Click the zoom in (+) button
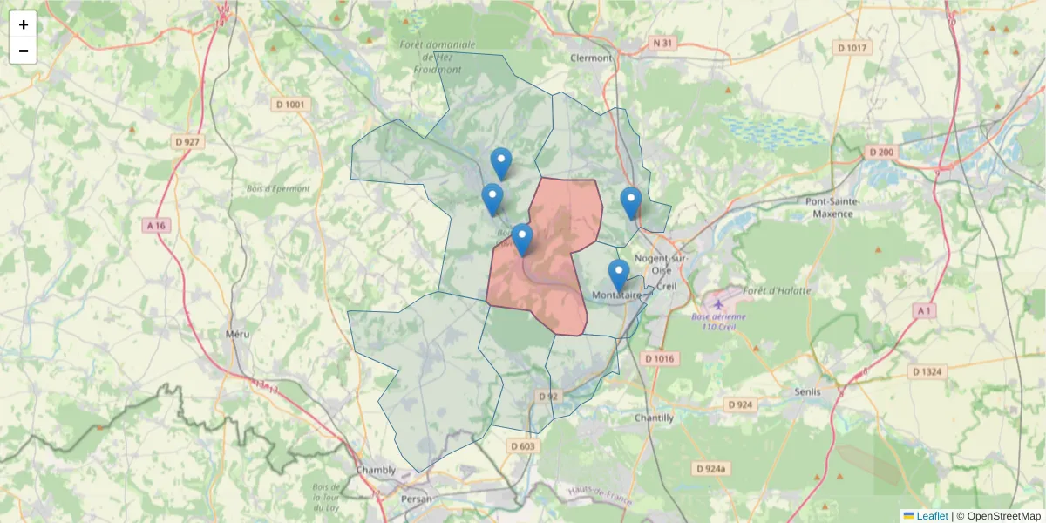click(24, 24)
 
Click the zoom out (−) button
click(24, 51)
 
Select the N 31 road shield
click(662, 43)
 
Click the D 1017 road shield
click(851, 47)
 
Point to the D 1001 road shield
click(292, 105)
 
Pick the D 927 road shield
click(187, 141)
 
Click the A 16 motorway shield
click(155, 225)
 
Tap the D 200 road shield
click(881, 153)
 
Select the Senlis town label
click(808, 391)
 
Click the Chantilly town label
click(654, 418)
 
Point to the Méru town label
click(237, 333)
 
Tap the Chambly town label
click(376, 470)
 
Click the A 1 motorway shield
click(924, 310)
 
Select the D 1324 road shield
click(927, 371)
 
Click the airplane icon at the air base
click(718, 304)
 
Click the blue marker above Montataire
click(619, 274)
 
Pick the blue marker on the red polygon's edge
click(522, 239)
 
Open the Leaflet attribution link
click(932, 516)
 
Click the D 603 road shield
click(522, 446)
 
